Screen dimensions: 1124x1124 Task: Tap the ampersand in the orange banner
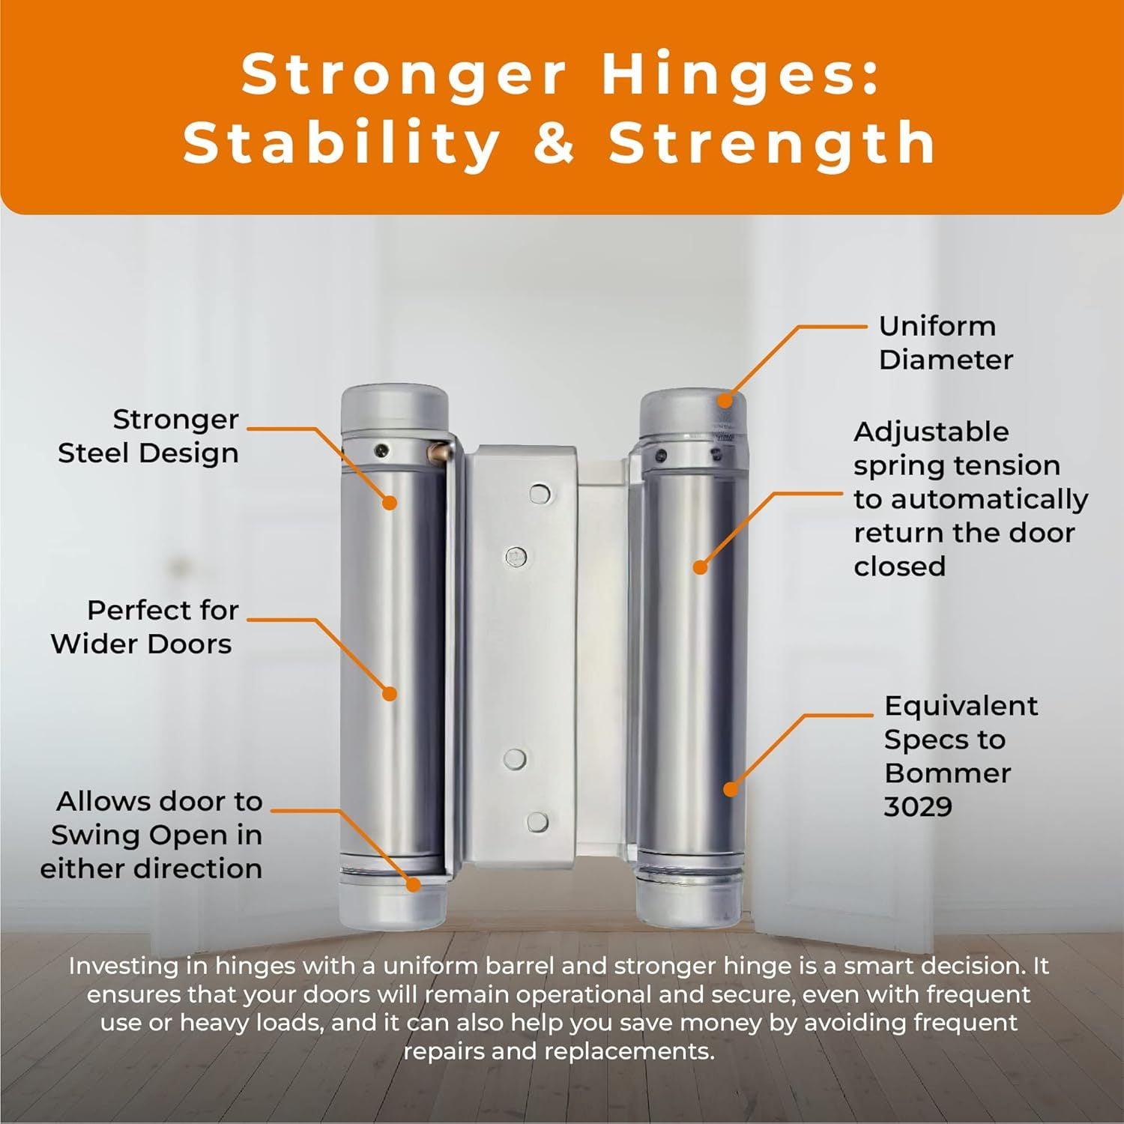(x=555, y=142)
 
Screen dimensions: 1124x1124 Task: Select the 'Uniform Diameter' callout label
(x=946, y=342)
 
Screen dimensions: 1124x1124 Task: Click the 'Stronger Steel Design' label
(x=148, y=436)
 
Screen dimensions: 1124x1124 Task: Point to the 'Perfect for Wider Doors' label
(x=142, y=627)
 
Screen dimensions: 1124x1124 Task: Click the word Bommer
(x=947, y=773)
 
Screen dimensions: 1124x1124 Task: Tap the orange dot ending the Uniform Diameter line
(x=725, y=399)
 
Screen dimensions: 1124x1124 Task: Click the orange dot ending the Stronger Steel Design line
(x=390, y=502)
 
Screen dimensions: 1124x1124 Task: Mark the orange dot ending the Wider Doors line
(x=390, y=694)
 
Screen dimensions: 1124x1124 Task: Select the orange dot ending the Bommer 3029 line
(x=731, y=788)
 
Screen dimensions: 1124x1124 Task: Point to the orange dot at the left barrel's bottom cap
(x=413, y=884)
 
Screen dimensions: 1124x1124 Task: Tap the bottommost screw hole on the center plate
(x=537, y=822)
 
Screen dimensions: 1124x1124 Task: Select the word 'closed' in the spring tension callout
(x=899, y=566)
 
